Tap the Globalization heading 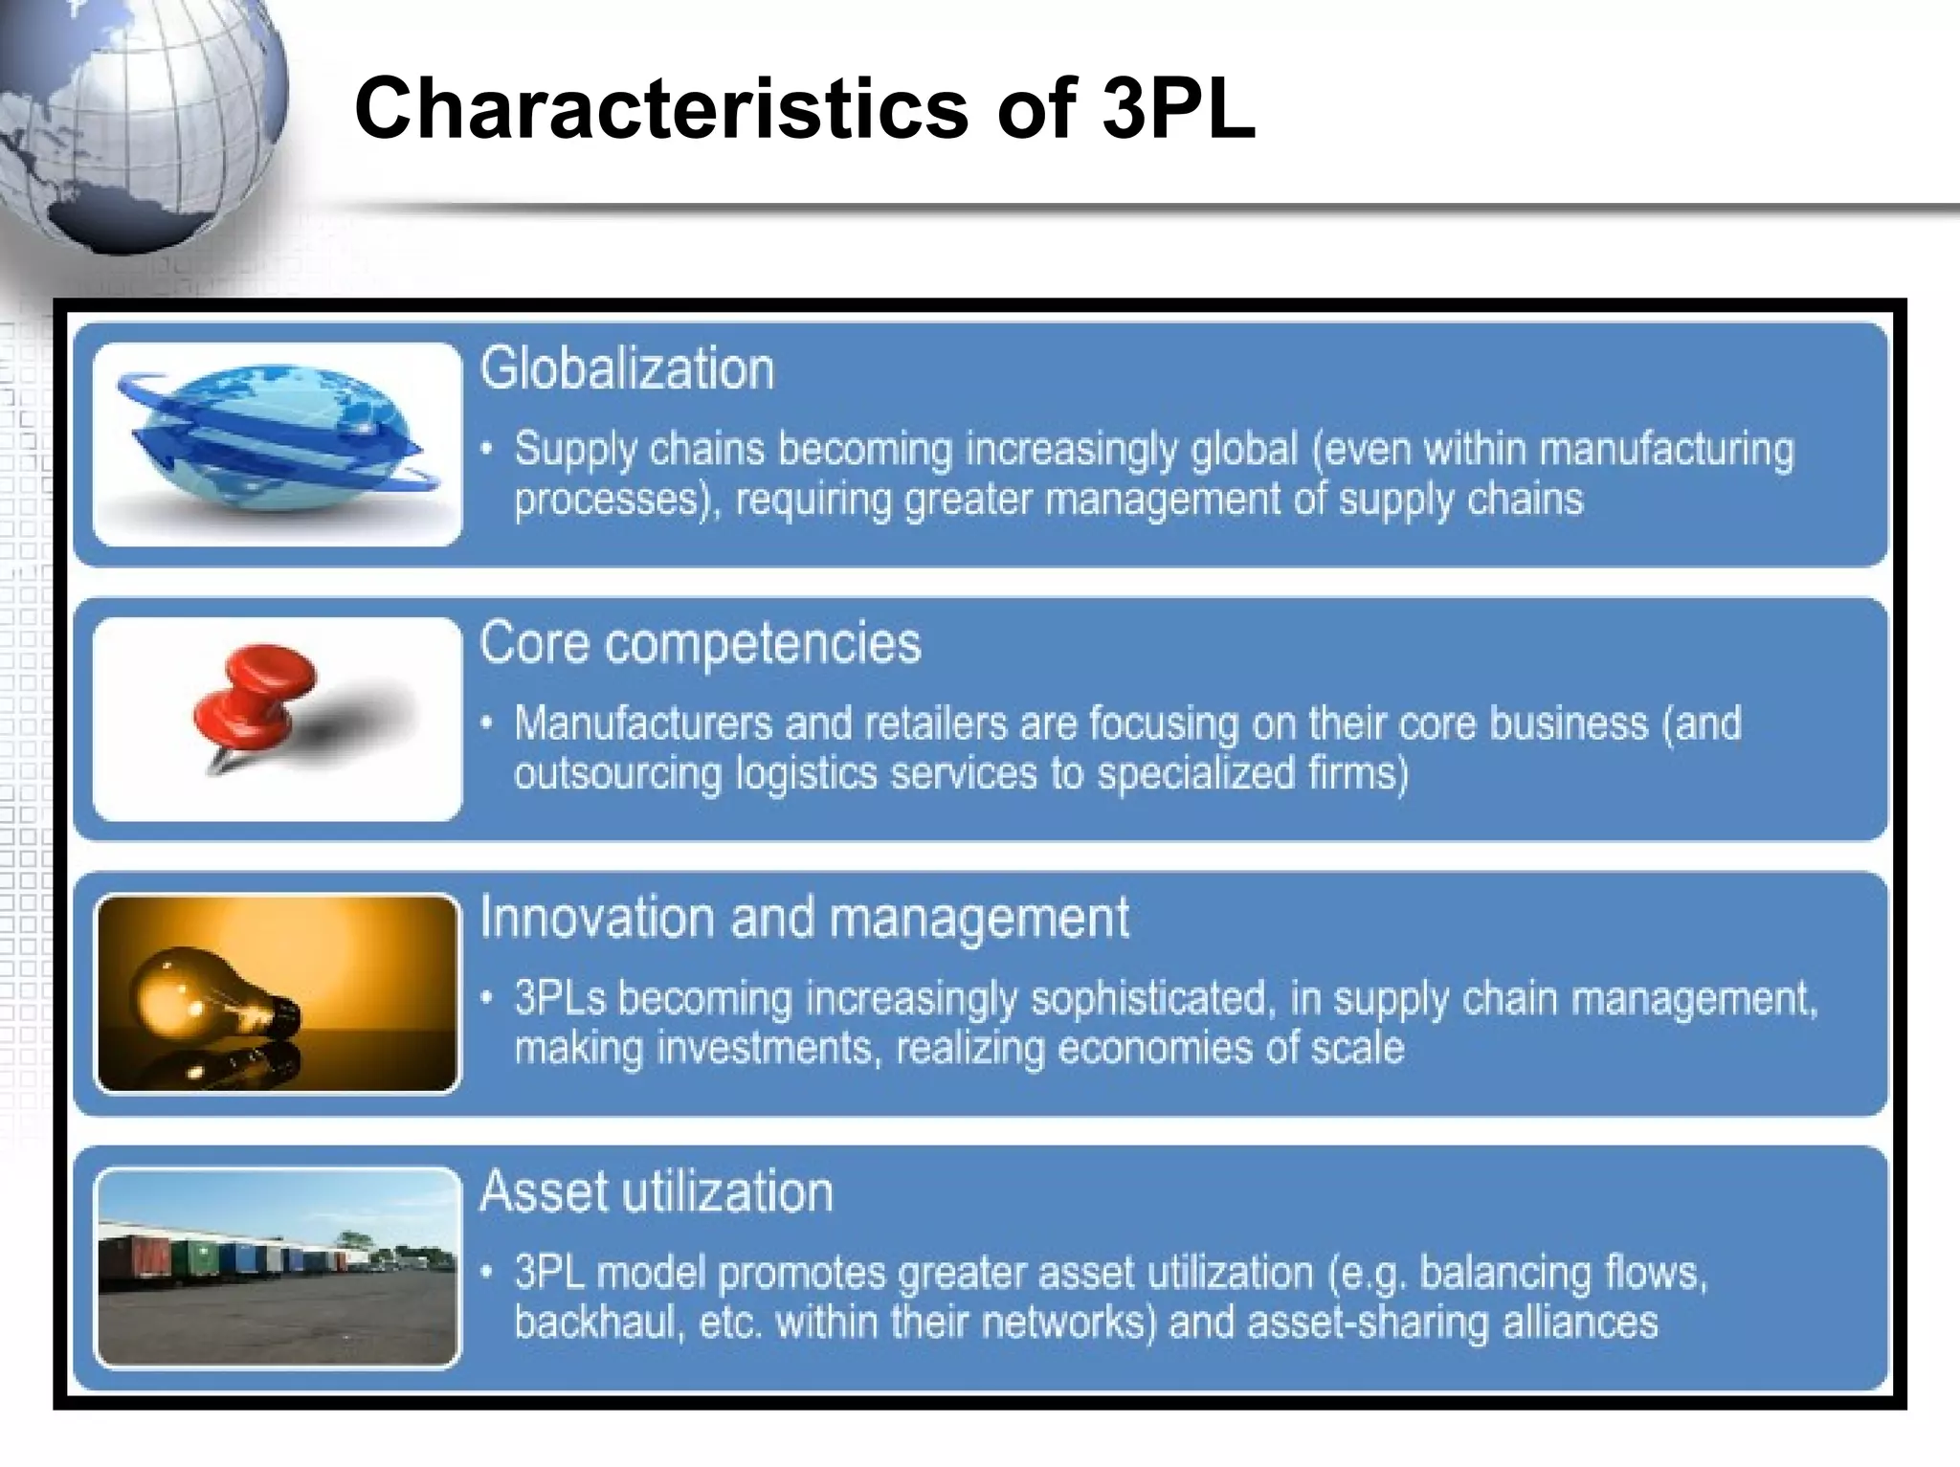coord(627,369)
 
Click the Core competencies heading coord(700,643)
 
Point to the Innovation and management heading coord(804,918)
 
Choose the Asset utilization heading coord(657,1192)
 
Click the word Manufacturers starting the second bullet coord(642,724)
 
